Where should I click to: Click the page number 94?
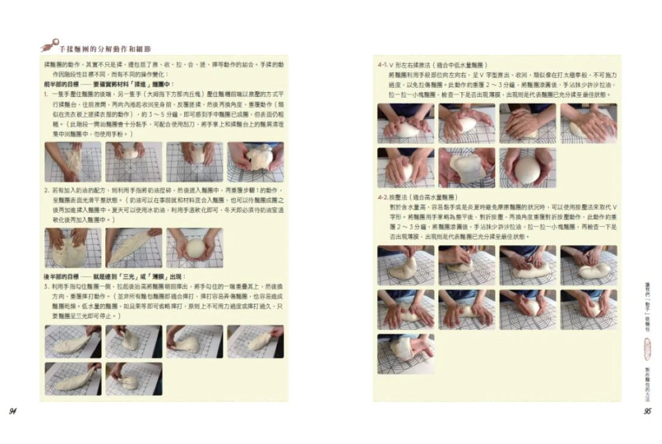coord(12,411)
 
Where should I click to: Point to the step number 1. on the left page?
coord(46,94)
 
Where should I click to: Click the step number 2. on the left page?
coord(46,190)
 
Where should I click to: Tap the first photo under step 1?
coord(72,161)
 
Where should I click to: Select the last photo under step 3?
coord(134,378)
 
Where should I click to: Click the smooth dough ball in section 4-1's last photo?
coord(527,170)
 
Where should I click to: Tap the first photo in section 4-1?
coord(406,123)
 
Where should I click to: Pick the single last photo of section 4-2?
coord(406,354)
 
